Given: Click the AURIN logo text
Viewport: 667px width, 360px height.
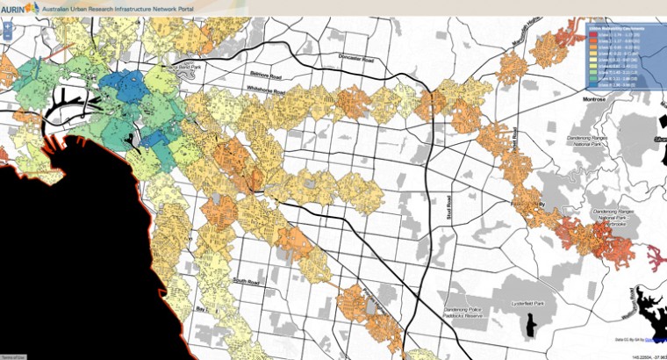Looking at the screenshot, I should [11, 7].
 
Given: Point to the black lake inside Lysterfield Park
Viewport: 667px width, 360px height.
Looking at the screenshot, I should [529, 326].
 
